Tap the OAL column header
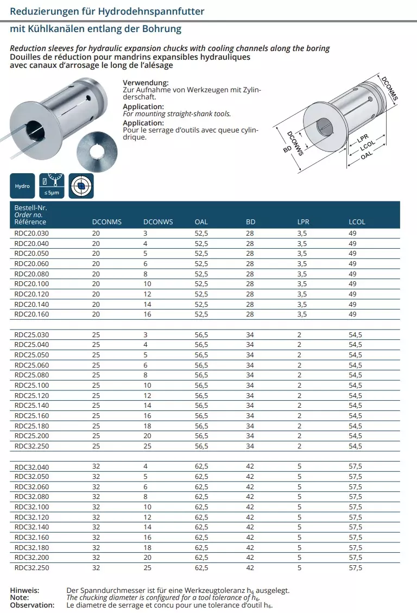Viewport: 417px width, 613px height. coord(201,222)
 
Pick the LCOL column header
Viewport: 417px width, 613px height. coord(357,222)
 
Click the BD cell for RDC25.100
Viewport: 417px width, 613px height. coord(250,385)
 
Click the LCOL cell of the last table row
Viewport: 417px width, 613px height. coord(355,568)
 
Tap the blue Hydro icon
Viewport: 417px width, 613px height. coord(22,186)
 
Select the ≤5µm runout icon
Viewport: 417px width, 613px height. coord(52,186)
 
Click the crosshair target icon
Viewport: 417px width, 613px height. coord(81,186)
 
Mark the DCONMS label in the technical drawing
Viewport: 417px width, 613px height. coord(389,89)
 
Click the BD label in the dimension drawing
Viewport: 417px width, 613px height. coord(288,148)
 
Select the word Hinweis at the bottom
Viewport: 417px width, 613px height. coord(24,590)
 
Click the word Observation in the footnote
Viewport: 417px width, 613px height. coord(32,604)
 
